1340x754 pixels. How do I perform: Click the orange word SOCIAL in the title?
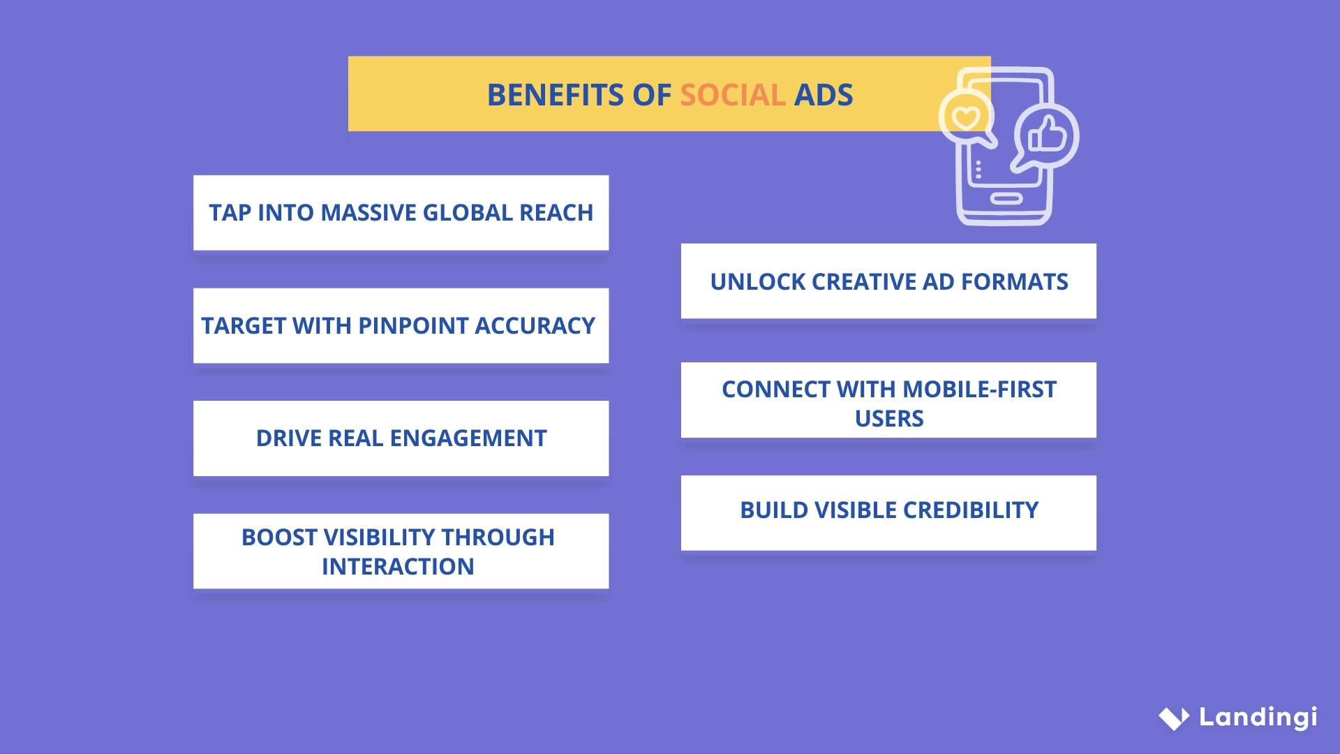tap(733, 95)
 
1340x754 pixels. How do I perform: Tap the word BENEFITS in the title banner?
tap(555, 95)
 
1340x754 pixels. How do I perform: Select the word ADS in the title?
tap(824, 95)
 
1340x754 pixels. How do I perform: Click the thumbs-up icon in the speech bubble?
tap(1048, 135)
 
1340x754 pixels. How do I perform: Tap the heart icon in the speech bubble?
tap(967, 117)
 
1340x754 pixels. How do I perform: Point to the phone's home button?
tap(1006, 199)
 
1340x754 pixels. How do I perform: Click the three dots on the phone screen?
tap(978, 170)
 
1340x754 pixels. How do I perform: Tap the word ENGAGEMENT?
tap(468, 438)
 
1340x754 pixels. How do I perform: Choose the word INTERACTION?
tap(398, 567)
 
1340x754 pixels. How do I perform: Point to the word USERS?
tap(888, 419)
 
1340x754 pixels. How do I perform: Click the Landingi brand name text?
tap(1258, 717)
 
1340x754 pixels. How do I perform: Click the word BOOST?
tap(279, 538)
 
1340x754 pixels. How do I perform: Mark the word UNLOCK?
tap(758, 282)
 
